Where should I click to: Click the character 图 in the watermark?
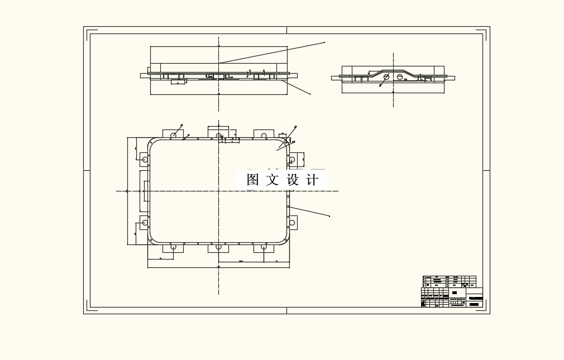253,180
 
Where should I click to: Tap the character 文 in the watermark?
272,180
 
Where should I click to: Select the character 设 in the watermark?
293,180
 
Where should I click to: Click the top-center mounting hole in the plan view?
218,135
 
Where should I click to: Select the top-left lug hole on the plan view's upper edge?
173,135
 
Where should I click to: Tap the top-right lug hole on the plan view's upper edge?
264,135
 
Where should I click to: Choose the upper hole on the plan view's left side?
145,160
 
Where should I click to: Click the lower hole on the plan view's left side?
145,223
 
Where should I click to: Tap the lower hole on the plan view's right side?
292,223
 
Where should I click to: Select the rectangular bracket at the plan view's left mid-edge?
145,191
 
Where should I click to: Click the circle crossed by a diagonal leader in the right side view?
385,77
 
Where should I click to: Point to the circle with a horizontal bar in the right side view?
400,76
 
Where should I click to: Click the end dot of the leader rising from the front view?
324,42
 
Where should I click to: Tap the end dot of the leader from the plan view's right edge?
329,217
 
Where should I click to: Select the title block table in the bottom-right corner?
451,291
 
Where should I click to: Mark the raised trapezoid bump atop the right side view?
393,71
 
